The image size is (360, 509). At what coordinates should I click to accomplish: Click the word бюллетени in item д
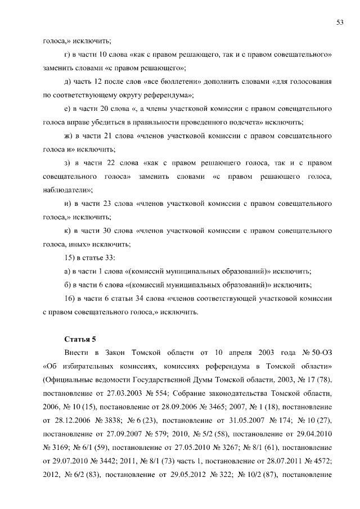(x=167, y=81)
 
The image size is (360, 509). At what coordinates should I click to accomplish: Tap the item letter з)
(x=70, y=163)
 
